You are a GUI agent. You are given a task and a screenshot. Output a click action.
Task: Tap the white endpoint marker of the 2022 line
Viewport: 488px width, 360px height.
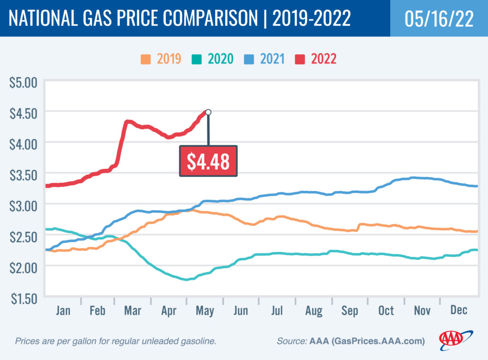[x=208, y=112]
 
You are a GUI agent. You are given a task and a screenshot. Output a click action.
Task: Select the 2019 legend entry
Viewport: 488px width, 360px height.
[x=160, y=59]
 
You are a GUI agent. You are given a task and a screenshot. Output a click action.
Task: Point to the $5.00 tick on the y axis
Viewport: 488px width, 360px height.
[x=23, y=82]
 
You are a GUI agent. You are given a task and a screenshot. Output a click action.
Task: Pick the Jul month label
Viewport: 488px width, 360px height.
[x=277, y=310]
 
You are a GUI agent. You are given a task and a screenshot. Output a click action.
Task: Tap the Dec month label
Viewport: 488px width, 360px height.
[x=458, y=310]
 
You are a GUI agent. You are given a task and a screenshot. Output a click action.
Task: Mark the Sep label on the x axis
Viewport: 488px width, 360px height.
[x=350, y=310]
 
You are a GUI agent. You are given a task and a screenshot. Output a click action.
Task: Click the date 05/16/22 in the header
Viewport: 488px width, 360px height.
[x=439, y=19]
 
